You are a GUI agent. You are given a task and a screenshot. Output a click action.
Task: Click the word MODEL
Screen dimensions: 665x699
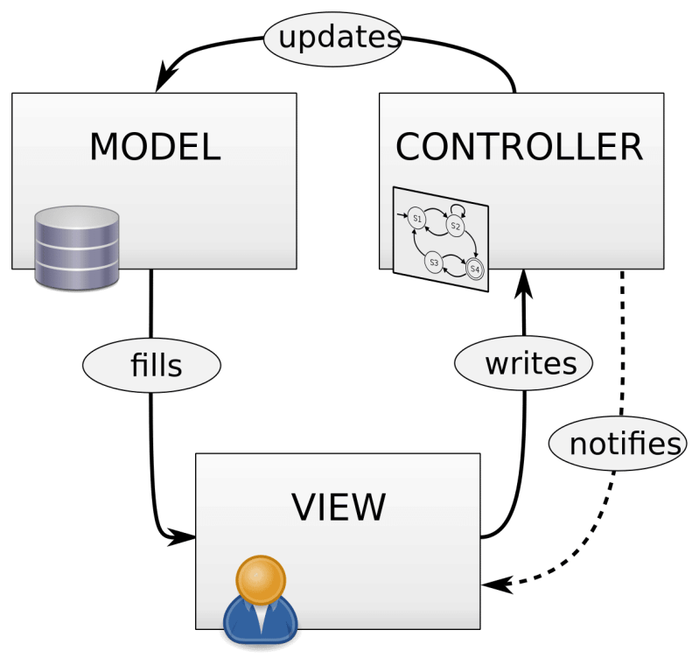[x=155, y=147]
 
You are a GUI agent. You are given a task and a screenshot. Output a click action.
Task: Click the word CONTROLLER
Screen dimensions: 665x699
[x=520, y=147]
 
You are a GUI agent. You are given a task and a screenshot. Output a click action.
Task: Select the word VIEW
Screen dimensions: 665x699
[x=338, y=507]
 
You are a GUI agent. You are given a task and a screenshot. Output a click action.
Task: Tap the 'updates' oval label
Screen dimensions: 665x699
[x=333, y=38]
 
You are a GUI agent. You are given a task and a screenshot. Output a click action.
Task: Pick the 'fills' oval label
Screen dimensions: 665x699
[x=151, y=365]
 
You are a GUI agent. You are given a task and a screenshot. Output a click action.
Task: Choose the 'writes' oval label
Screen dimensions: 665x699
[x=524, y=362]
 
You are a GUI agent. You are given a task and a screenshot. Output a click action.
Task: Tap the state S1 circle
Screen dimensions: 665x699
[x=416, y=217]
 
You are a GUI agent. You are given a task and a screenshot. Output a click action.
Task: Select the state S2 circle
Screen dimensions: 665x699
[x=454, y=226]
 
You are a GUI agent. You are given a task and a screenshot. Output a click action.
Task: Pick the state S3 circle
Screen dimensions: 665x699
[x=433, y=262]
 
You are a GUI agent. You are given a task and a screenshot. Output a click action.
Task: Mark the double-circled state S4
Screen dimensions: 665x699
[x=474, y=269]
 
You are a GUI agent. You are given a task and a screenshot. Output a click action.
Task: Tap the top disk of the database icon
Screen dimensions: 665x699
[x=76, y=218]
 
